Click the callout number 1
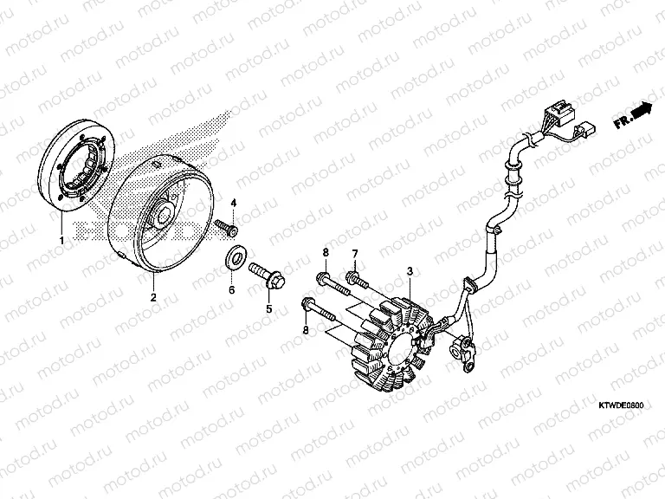coord(61,240)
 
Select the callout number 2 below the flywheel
coord(153,297)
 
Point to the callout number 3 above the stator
coord(410,270)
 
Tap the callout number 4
coord(233,203)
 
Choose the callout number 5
coord(269,309)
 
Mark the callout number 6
coord(231,290)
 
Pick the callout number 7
coord(354,254)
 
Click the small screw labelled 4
coord(227,227)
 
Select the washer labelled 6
coord(235,258)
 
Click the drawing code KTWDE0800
coord(621,405)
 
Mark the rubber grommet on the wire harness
coord(471,284)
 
